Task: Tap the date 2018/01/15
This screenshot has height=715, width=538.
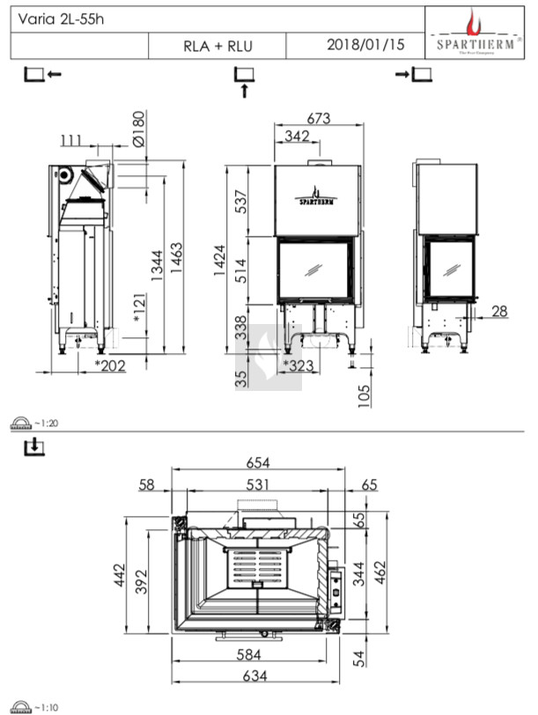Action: [x=365, y=45]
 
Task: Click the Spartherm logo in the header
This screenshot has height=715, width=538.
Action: [x=474, y=33]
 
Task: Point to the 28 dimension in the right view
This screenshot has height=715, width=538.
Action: [x=499, y=310]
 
